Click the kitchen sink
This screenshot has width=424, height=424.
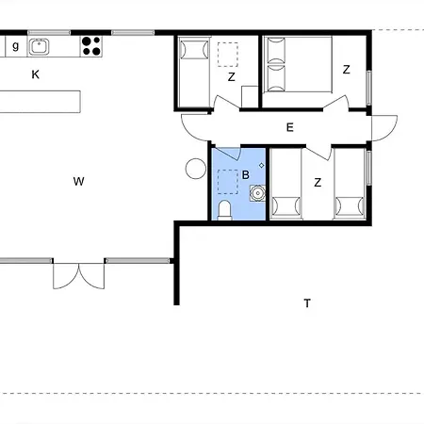(x=39, y=46)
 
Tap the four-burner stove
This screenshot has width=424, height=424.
(x=91, y=46)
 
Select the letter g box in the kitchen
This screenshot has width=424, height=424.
(x=16, y=46)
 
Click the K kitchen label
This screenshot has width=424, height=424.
(x=36, y=74)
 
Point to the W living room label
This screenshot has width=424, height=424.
(x=78, y=181)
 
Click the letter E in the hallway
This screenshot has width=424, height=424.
(x=290, y=127)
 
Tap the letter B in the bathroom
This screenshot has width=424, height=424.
(x=246, y=174)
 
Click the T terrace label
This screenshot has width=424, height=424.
(x=307, y=303)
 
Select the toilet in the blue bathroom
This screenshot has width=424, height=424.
(x=224, y=210)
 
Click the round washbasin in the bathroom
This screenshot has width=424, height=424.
(x=257, y=193)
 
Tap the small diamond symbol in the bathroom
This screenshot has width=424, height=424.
(x=261, y=165)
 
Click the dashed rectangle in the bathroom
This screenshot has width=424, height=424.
(x=228, y=182)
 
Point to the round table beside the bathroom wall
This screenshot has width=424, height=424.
(x=196, y=169)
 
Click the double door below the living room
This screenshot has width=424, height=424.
(x=78, y=276)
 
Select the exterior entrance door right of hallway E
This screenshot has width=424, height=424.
(x=384, y=128)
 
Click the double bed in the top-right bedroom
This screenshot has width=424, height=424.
(x=298, y=64)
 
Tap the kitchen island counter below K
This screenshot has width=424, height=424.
(x=41, y=102)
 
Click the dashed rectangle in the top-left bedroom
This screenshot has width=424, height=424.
(x=228, y=55)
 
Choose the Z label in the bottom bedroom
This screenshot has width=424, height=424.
(x=318, y=182)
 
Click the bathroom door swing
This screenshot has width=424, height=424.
(x=227, y=154)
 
